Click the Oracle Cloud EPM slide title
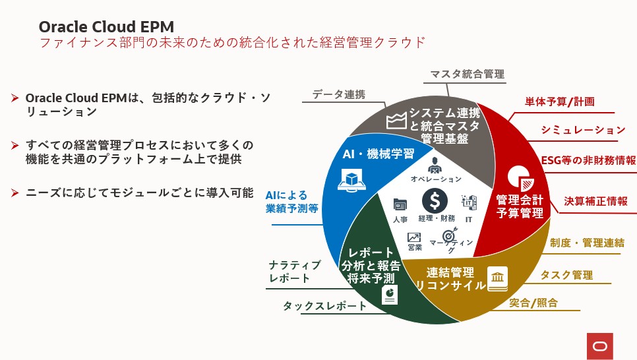(x=106, y=26)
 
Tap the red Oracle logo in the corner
(x=599, y=345)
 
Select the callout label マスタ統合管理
(x=467, y=74)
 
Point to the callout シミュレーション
(x=583, y=130)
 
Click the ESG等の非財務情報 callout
(x=588, y=160)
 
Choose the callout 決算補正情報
(x=595, y=201)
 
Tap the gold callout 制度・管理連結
(x=587, y=243)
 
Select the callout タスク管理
(x=566, y=275)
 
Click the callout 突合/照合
(x=533, y=303)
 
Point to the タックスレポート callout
(x=325, y=306)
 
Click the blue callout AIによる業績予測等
(x=291, y=202)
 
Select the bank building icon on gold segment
(x=497, y=276)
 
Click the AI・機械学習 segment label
(x=378, y=154)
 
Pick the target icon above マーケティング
(x=450, y=234)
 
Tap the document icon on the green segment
(x=390, y=293)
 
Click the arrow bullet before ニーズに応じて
(x=15, y=193)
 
